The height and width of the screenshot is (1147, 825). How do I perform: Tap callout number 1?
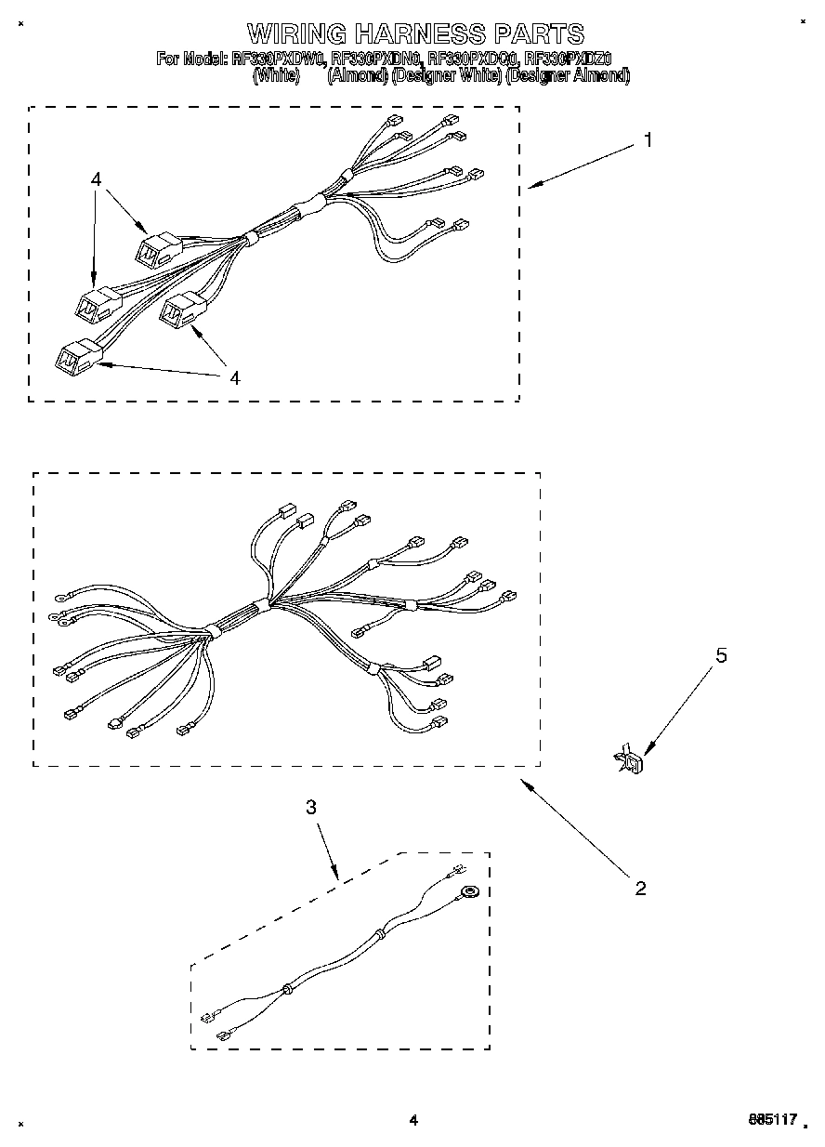[x=648, y=140]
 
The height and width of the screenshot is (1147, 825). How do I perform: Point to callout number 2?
[x=640, y=888]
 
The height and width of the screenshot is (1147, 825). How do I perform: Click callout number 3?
[x=311, y=808]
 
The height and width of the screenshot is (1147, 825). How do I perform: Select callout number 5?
[x=720, y=655]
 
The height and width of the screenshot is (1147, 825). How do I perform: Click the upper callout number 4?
[x=97, y=179]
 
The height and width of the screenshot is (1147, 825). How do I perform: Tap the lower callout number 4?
[x=234, y=377]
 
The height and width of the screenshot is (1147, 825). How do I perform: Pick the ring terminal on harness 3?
[x=469, y=893]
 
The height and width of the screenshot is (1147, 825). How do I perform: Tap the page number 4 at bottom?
[x=413, y=1121]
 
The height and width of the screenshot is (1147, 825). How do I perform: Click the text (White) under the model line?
[x=276, y=76]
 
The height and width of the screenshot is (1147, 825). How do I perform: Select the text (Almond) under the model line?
[x=357, y=76]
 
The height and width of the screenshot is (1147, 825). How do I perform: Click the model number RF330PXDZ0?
[x=568, y=59]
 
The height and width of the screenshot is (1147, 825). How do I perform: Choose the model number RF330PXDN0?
[x=375, y=59]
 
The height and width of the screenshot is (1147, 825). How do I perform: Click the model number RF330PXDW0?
[x=278, y=59]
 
